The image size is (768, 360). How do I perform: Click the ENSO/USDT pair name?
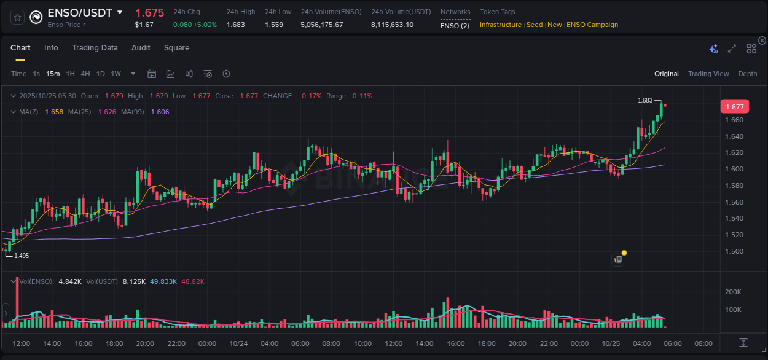point(80,13)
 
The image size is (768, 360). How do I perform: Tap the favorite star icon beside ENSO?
point(18,18)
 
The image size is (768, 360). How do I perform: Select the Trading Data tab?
point(95,48)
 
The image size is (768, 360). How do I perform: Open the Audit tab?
point(141,48)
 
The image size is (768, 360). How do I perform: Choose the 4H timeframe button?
point(85,74)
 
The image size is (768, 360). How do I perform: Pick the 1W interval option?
point(116,74)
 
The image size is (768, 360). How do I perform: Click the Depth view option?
point(747,74)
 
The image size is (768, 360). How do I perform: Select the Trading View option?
point(708,74)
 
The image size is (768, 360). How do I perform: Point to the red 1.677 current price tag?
point(734,107)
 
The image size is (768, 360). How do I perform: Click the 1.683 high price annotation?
point(645,100)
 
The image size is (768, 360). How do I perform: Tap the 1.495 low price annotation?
point(22,256)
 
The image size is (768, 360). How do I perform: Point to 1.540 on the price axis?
point(734,218)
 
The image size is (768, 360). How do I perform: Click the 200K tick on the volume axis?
point(733,292)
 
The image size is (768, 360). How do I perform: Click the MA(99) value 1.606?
point(160,112)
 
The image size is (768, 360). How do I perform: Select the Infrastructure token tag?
point(500,25)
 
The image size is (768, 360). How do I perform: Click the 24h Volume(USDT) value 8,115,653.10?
point(392,25)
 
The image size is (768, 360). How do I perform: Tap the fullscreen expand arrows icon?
point(732,49)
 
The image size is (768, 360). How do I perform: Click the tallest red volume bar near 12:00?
point(17,304)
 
